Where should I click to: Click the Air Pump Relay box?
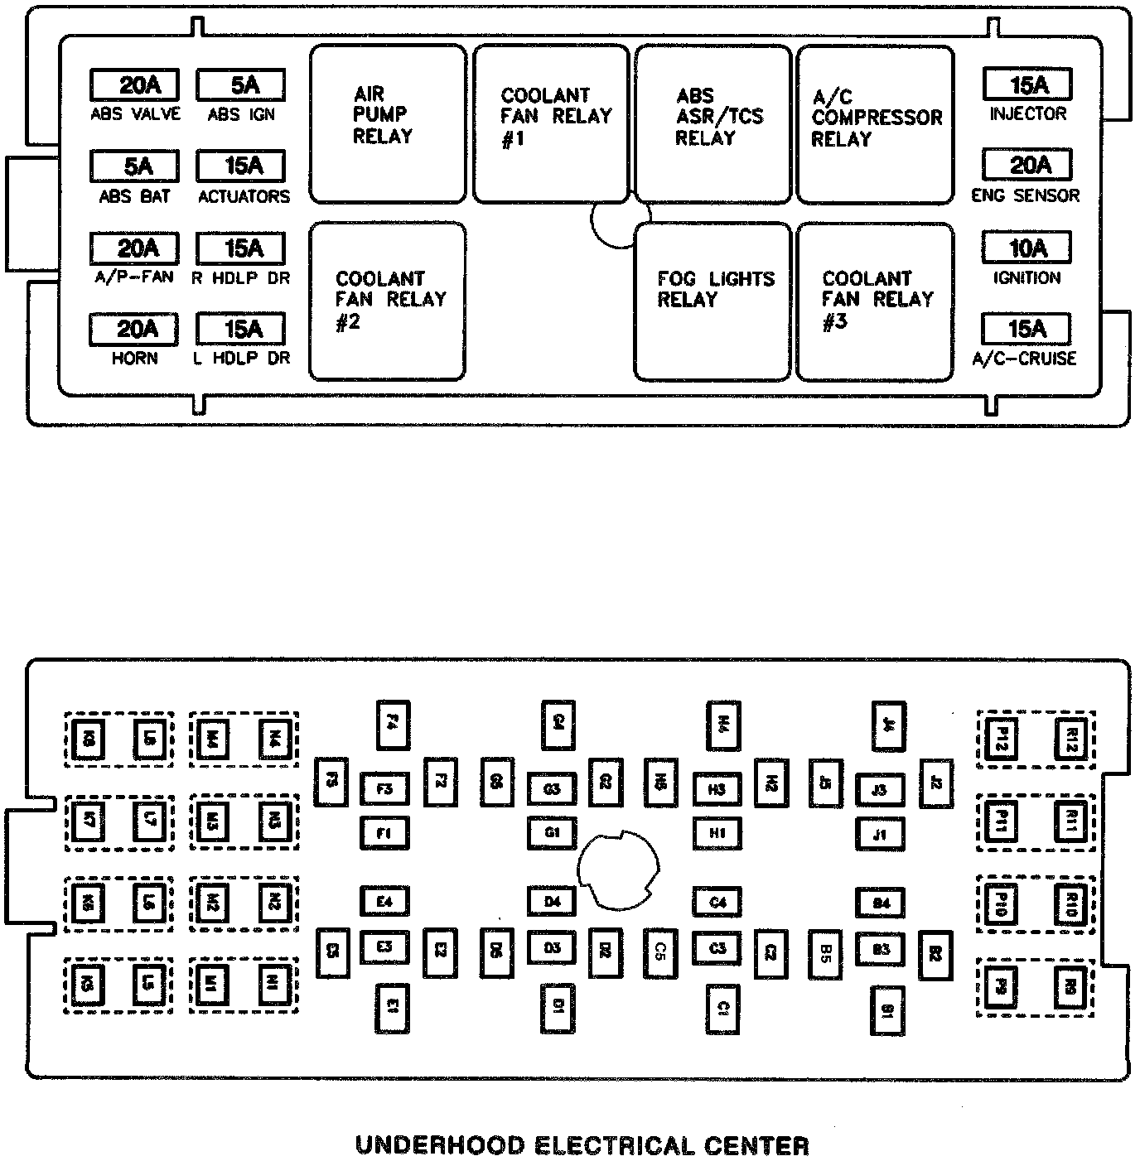tap(388, 124)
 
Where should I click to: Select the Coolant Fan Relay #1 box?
tap(551, 124)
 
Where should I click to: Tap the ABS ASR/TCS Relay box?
tap(712, 124)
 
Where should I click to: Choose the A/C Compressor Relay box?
tap(875, 124)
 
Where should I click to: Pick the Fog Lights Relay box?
tap(712, 301)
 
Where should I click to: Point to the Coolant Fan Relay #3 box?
tap(875, 301)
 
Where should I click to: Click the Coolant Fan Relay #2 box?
tap(388, 301)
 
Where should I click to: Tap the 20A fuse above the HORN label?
tap(135, 329)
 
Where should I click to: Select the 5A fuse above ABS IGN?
tap(241, 84)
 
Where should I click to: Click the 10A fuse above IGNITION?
tap(1026, 248)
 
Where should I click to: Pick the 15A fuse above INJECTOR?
tap(1027, 84)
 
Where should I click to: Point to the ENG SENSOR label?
tap(1026, 196)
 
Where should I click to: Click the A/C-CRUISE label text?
tap(1025, 359)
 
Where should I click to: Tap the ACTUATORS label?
tap(244, 197)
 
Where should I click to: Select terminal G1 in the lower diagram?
tap(553, 832)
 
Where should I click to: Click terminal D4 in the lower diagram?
tap(553, 901)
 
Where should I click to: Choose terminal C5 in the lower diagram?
tap(660, 949)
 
